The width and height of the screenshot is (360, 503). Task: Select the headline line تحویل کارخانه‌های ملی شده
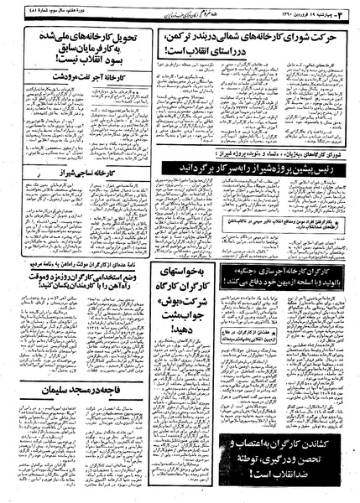88,37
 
